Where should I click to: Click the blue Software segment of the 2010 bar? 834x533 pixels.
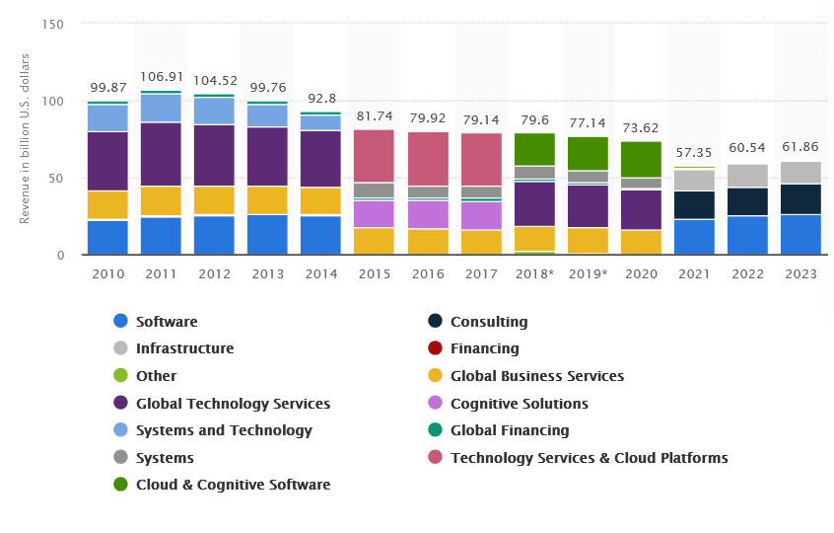[x=107, y=237]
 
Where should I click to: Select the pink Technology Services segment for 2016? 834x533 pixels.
[x=428, y=159]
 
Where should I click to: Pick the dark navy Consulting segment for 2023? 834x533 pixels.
[x=800, y=199]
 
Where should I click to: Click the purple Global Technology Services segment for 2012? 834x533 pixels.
[x=214, y=155]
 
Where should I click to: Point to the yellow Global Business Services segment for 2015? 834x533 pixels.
[x=374, y=241]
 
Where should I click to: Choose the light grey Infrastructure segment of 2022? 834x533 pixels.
[x=747, y=176]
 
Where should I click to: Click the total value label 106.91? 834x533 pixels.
[x=161, y=76]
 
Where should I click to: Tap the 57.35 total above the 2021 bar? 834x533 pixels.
[x=694, y=153]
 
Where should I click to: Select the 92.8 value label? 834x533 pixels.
[x=320, y=98]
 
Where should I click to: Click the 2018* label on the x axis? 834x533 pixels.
[x=534, y=273]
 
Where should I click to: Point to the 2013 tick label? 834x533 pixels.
[x=267, y=273]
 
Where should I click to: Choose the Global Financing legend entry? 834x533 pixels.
[x=509, y=430]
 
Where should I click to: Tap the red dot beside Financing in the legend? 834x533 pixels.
[x=435, y=348]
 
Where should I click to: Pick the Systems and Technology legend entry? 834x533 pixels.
[x=223, y=430]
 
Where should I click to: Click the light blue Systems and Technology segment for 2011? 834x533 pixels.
[x=161, y=108]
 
